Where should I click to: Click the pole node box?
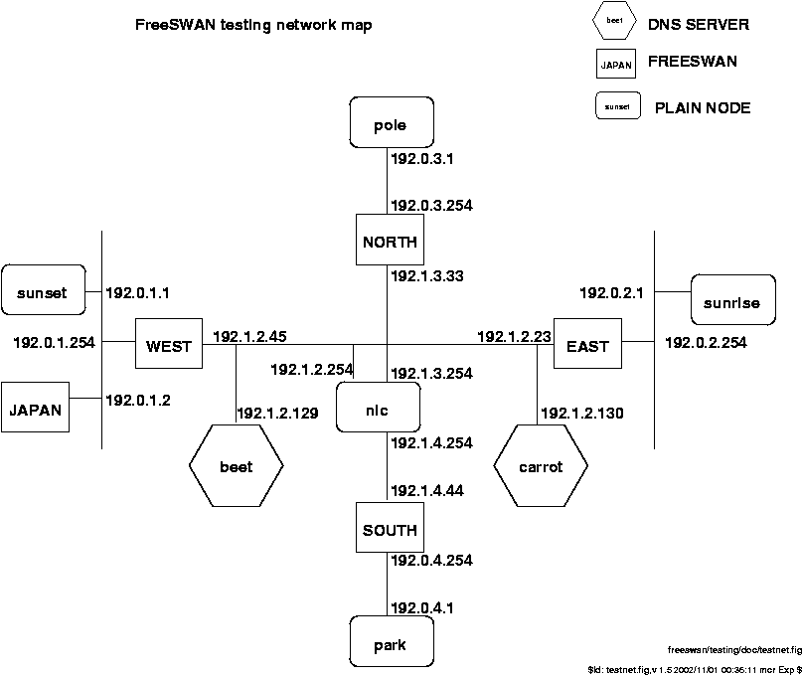click(392, 125)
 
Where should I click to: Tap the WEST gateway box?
click(168, 345)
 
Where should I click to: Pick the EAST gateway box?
click(586, 345)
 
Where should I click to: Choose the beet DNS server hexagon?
click(236, 465)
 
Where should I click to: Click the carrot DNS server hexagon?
click(541, 465)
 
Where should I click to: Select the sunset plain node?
click(42, 291)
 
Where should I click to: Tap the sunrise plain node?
click(732, 300)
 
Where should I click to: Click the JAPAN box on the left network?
click(36, 408)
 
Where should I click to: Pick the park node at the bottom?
click(391, 645)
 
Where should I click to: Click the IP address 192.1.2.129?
click(277, 412)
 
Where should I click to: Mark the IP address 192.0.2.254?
click(706, 342)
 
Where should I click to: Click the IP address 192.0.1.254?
click(54, 342)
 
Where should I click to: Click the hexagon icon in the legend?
click(615, 21)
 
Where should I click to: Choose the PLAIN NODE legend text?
click(703, 106)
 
